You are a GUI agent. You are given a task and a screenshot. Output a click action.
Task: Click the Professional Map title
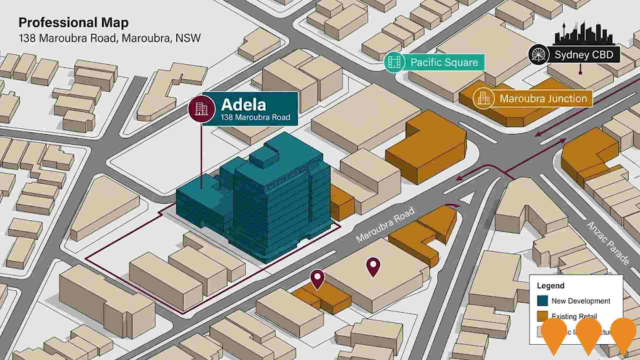[x=73, y=23]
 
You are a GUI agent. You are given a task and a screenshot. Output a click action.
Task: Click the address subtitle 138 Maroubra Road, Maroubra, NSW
[x=110, y=38]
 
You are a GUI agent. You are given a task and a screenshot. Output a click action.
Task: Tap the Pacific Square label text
[x=444, y=62]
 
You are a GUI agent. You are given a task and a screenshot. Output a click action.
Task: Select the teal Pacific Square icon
[x=394, y=62]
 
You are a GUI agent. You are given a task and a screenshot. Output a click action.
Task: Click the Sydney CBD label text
[x=584, y=55]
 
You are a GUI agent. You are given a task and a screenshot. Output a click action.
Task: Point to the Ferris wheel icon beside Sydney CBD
[x=538, y=55]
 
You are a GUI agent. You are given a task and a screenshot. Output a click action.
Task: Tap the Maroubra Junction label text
[x=543, y=99]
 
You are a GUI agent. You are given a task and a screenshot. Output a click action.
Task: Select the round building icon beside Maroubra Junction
[x=483, y=99]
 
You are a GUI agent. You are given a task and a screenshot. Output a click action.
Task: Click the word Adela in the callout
[x=243, y=105]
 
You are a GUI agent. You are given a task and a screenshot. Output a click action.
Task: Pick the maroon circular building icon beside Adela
[x=201, y=108]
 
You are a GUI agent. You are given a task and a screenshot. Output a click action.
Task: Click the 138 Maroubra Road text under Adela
[x=255, y=117]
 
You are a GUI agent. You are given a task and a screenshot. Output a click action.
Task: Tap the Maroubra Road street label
[x=385, y=225]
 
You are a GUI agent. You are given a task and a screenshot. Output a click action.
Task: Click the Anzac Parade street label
[x=607, y=243]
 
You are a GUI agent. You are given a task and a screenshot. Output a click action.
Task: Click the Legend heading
[x=550, y=286]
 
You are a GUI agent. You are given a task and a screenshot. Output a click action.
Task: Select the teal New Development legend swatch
[x=543, y=301]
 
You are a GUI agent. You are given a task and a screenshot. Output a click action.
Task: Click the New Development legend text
[x=581, y=301]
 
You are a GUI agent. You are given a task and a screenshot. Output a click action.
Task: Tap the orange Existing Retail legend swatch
[x=543, y=316]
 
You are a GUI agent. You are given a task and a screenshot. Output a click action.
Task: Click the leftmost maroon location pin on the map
[x=317, y=279]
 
